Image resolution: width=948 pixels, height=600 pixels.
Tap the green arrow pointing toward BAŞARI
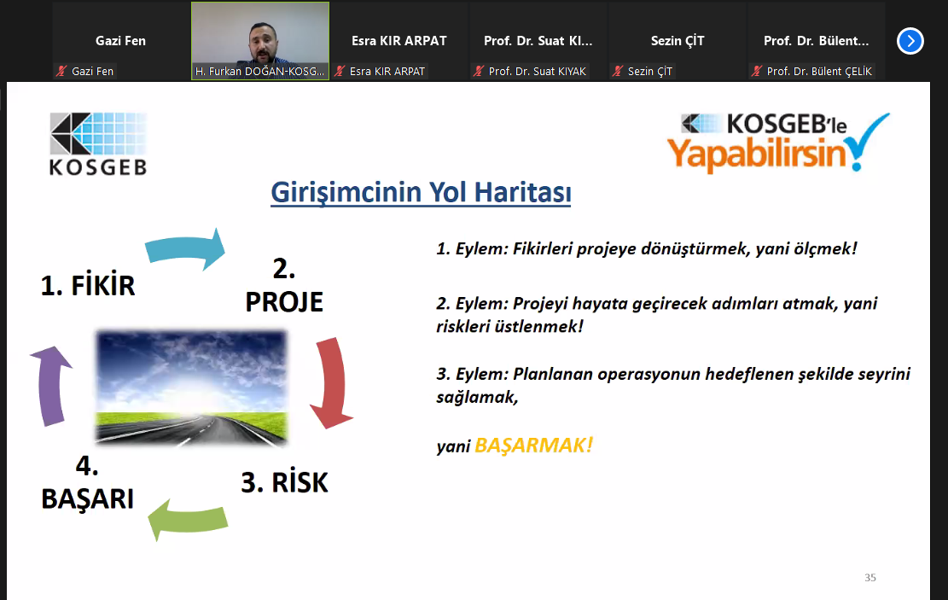(x=188, y=520)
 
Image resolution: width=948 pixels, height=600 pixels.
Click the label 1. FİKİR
(x=88, y=285)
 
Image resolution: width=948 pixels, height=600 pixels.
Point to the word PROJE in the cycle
(x=284, y=302)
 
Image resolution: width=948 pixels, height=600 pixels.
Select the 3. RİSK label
(x=284, y=483)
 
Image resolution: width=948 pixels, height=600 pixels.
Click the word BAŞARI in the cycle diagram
(x=88, y=499)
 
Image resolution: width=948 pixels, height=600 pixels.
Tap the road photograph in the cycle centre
(x=191, y=387)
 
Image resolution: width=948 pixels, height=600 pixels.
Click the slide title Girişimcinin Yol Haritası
(x=421, y=193)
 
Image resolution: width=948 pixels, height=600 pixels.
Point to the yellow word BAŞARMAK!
(x=534, y=446)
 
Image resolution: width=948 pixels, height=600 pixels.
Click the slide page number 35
(x=870, y=578)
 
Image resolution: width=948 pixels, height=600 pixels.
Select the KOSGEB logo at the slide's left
(x=98, y=144)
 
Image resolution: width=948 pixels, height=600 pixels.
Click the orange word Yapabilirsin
(x=756, y=154)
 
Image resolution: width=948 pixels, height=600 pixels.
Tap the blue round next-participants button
(x=910, y=41)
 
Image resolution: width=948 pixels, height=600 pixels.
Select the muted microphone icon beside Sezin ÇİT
(x=617, y=72)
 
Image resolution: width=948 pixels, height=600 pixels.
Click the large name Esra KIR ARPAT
(x=399, y=41)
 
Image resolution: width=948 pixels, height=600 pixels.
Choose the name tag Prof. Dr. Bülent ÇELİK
(x=819, y=72)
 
